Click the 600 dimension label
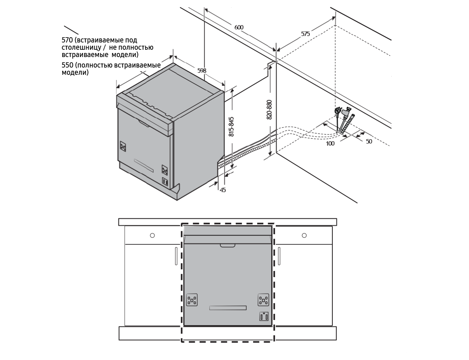(x=239, y=28)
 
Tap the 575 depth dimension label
(x=305, y=34)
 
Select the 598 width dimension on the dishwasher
(x=202, y=71)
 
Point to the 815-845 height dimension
(x=231, y=127)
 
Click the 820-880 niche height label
(x=269, y=110)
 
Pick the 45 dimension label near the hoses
(x=223, y=190)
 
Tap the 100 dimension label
(x=330, y=144)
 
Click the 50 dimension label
(x=369, y=142)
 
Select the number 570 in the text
(x=67, y=40)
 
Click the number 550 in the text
(x=67, y=65)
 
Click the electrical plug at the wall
(x=338, y=112)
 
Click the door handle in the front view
(x=228, y=246)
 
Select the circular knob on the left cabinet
(x=152, y=235)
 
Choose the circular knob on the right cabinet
(x=304, y=235)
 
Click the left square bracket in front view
(x=192, y=300)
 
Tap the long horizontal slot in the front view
(x=228, y=308)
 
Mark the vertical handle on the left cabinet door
(x=176, y=256)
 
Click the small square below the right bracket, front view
(x=264, y=316)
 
